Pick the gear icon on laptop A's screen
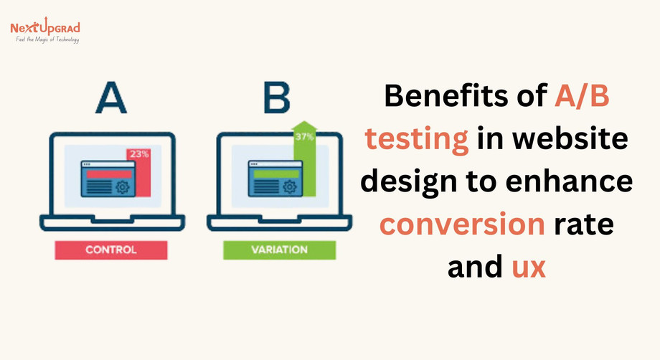point(122,187)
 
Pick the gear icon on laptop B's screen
point(289,187)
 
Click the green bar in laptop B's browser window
point(275,174)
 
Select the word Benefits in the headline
point(451,98)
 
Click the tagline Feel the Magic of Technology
point(47,39)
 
